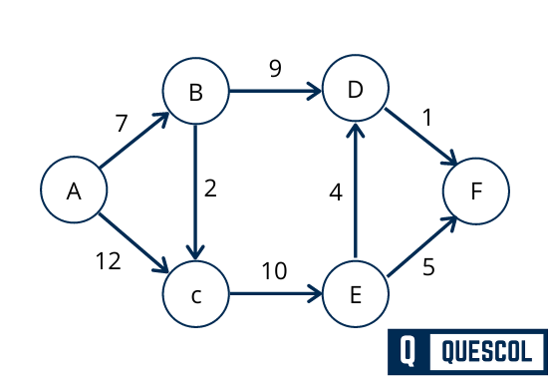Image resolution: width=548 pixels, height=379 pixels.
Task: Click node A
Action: [73, 190]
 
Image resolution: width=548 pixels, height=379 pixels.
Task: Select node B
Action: [195, 93]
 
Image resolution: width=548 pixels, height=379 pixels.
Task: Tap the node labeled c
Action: [195, 295]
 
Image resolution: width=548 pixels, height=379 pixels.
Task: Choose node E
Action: [355, 295]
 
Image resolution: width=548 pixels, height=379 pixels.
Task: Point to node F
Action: [476, 190]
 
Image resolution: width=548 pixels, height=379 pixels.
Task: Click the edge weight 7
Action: [122, 124]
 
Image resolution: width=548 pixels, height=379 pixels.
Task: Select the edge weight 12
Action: [108, 261]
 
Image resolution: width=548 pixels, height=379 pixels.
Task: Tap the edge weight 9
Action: [275, 70]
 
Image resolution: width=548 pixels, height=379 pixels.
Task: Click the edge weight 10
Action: [274, 270]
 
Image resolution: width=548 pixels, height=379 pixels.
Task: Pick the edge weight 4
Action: [336, 191]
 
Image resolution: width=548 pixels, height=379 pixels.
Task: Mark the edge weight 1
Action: [427, 118]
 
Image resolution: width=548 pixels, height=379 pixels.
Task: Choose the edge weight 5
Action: [428, 267]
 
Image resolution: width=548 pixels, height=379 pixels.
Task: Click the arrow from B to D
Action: [275, 93]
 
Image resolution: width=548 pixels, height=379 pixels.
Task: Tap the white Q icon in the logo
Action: [409, 351]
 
